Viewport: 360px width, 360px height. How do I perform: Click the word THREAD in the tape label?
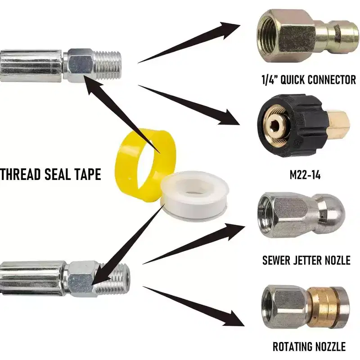(x=21, y=174)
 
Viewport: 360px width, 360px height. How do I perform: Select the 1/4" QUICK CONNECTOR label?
(x=309, y=80)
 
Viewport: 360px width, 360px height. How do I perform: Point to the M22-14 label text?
(x=305, y=175)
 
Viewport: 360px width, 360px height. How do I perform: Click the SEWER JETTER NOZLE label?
(x=306, y=260)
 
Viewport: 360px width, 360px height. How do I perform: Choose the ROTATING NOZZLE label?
(x=309, y=346)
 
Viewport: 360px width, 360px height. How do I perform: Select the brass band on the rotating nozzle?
(x=321, y=307)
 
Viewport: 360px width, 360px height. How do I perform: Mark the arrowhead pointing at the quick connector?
(x=229, y=30)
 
